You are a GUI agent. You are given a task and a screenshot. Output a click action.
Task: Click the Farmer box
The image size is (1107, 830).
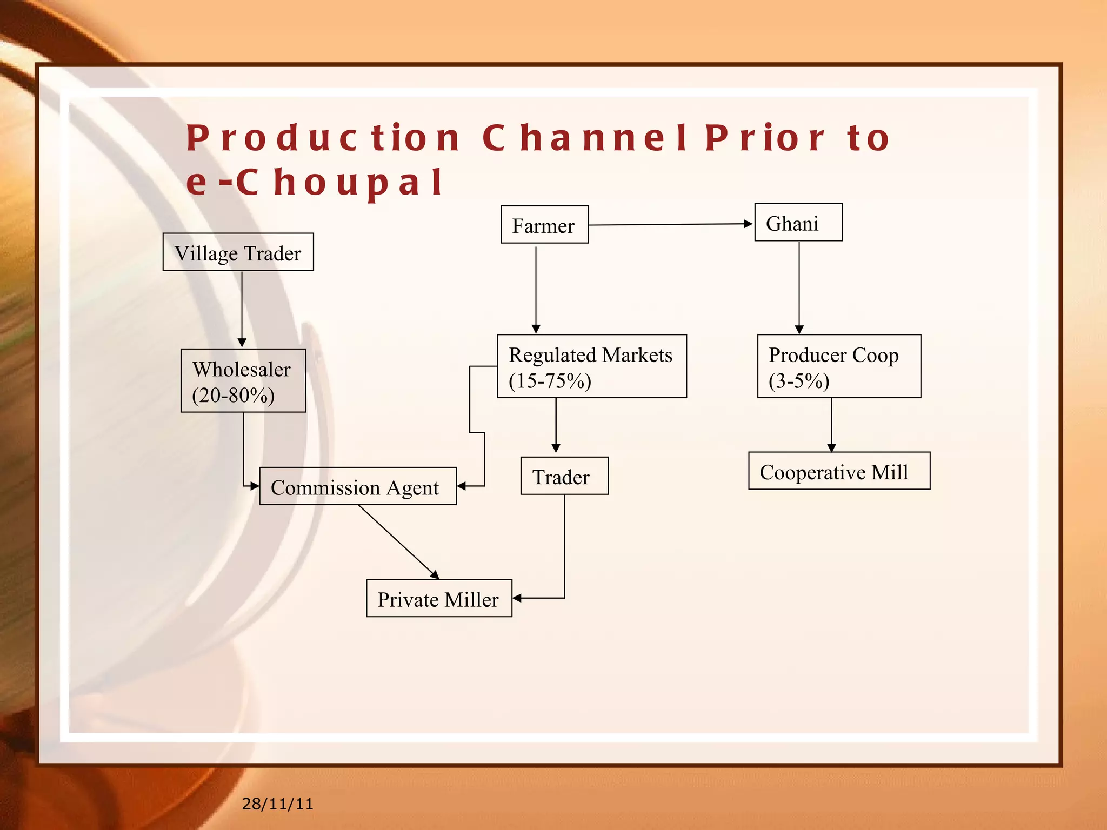click(544, 225)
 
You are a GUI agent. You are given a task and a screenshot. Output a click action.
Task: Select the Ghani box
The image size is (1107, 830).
click(798, 223)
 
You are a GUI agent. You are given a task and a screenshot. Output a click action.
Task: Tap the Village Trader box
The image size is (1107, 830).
click(238, 252)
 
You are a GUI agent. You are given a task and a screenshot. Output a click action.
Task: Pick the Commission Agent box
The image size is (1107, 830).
click(357, 486)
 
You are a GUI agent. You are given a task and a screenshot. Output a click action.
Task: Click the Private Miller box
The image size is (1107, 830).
click(438, 598)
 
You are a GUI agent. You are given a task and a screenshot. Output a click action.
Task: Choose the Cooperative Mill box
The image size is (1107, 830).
click(838, 471)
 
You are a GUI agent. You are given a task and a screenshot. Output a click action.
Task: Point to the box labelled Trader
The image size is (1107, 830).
click(564, 476)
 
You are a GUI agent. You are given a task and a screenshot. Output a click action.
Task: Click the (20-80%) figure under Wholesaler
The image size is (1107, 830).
click(234, 395)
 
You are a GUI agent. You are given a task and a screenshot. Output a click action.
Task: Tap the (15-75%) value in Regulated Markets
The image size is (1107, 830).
click(550, 381)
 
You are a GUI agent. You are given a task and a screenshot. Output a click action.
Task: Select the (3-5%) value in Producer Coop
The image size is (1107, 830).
click(799, 381)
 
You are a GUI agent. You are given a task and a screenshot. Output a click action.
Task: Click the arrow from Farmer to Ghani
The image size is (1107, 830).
click(670, 224)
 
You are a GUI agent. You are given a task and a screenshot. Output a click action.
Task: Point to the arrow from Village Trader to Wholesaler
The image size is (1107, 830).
click(242, 308)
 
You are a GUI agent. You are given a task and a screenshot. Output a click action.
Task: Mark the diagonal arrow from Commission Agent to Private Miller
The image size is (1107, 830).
click(398, 541)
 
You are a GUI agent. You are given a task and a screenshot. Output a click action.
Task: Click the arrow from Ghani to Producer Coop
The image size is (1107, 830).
click(799, 286)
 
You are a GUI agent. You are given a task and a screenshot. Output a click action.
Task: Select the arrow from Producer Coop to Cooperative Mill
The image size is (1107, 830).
click(831, 425)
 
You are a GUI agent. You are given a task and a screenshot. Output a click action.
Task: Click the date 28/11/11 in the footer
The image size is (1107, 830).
click(277, 804)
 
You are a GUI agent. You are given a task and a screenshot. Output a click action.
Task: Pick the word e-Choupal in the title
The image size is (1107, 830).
click(315, 182)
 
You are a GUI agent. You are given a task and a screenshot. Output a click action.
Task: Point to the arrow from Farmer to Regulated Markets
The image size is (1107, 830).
click(536, 289)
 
